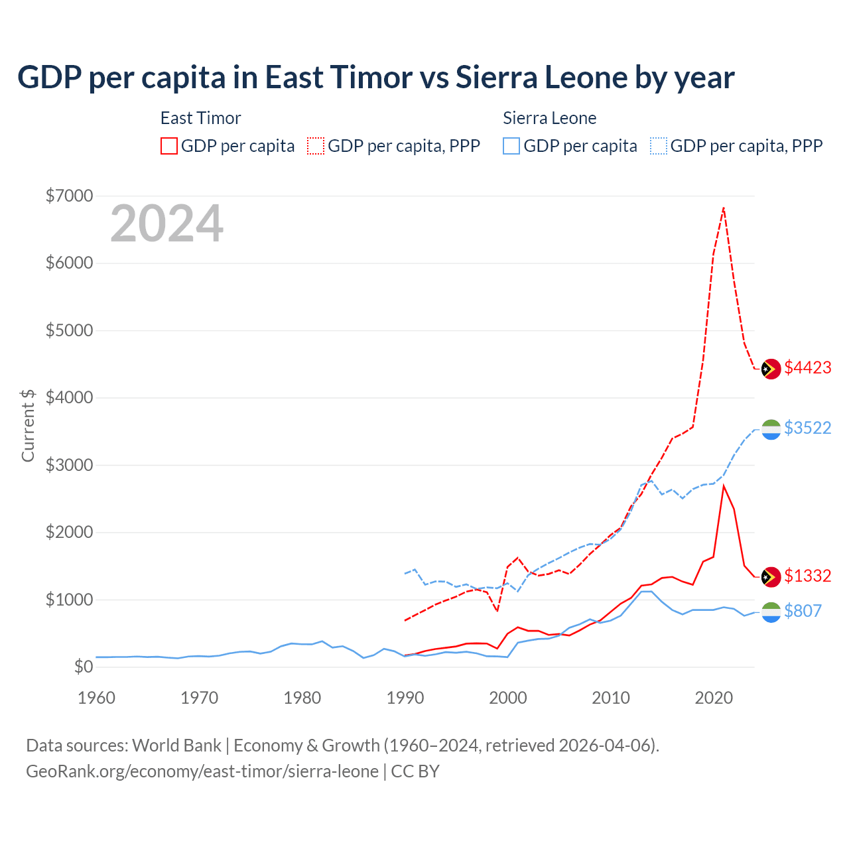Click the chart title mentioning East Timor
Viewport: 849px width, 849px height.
tap(375, 78)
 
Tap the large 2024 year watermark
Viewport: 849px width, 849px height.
tap(166, 224)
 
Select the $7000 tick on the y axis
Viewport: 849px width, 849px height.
tap(69, 196)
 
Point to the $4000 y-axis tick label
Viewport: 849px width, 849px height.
tap(69, 397)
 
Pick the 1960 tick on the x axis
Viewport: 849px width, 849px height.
tap(97, 698)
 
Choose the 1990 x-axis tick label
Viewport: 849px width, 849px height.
tap(405, 698)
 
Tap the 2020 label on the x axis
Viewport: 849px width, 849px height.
tap(714, 698)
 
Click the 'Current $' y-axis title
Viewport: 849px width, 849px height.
tap(28, 425)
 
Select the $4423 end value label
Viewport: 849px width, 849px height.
tap(807, 368)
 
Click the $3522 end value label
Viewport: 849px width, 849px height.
tap(807, 428)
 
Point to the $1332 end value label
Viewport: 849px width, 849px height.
tap(807, 576)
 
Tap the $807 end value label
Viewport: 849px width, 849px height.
tap(803, 611)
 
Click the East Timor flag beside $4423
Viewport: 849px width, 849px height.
tap(771, 369)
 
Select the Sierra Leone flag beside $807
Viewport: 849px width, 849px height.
tap(771, 612)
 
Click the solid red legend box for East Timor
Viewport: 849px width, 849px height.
tap(169, 146)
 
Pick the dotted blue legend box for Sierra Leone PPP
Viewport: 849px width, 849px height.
tap(659, 146)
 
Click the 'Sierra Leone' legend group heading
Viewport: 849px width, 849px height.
tap(549, 118)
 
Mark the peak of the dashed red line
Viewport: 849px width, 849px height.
tap(724, 208)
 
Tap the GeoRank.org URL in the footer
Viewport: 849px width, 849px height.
tap(202, 771)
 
